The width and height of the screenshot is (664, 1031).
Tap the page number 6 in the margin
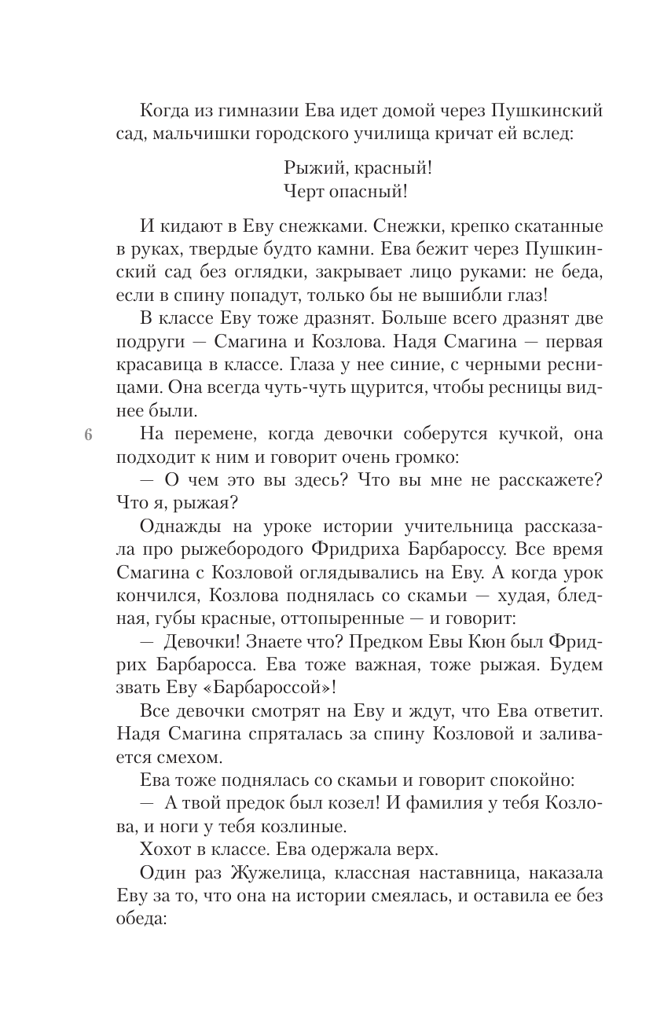tap(87, 435)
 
